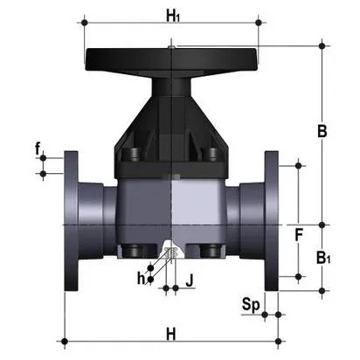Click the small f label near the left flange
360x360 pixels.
tap(38, 149)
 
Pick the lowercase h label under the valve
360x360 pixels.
tap(142, 280)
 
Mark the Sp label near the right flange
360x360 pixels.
tap(251, 306)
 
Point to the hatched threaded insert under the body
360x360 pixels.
tap(170, 253)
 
